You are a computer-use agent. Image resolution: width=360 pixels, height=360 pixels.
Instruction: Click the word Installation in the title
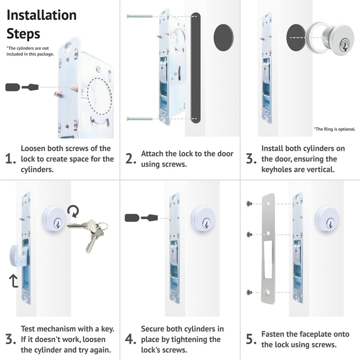coord(41,15)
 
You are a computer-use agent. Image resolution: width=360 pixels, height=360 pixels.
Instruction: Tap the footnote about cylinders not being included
coord(30,51)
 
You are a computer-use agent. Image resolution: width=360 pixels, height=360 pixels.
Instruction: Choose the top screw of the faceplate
coord(250,204)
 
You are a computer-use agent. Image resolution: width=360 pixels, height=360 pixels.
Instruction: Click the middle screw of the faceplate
coord(250,234)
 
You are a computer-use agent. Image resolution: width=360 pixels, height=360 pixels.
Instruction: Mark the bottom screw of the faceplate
coord(250,292)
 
